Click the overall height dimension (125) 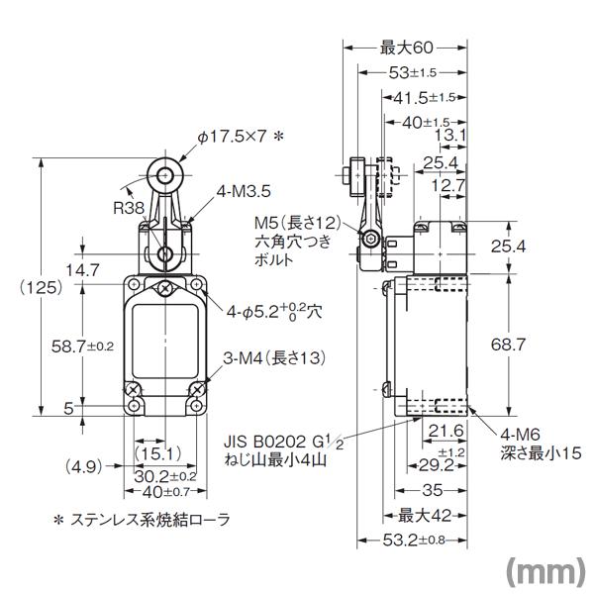point(41,287)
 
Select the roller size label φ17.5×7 point(234,136)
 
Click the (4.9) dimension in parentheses point(85,464)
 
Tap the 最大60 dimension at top point(406,47)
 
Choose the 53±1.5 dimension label point(412,72)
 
